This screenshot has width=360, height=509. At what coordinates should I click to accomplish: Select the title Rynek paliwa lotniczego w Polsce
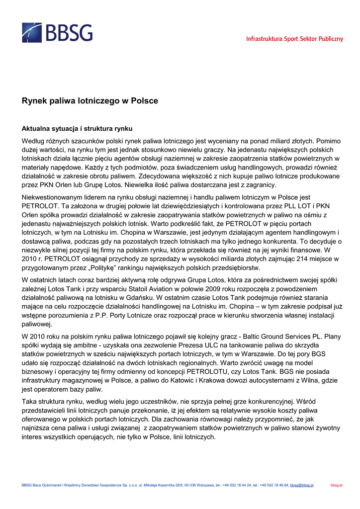point(90,101)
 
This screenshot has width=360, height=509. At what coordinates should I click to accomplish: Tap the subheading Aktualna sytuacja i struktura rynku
point(77,128)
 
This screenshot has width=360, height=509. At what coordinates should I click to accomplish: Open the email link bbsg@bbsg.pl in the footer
point(302,485)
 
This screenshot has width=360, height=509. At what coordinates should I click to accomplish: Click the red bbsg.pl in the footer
point(337,485)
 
